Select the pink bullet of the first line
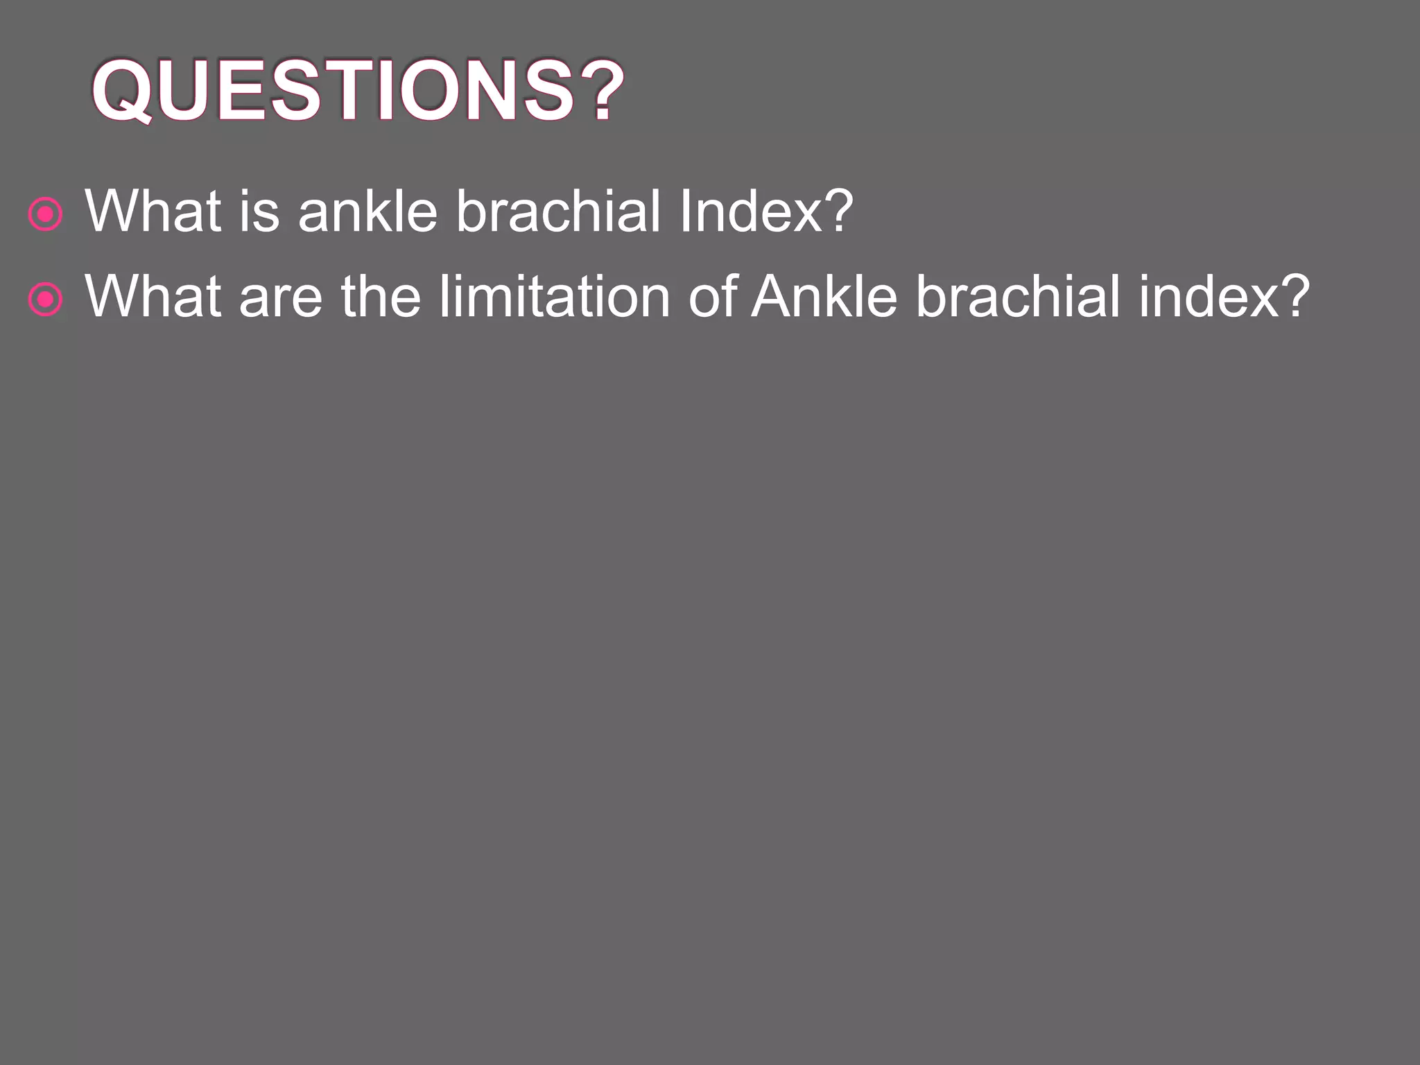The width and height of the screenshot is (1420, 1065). tap(46, 214)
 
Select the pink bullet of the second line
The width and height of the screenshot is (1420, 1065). tap(46, 300)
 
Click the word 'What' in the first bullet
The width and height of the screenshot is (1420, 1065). tap(153, 211)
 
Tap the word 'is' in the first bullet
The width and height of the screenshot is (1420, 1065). tap(259, 211)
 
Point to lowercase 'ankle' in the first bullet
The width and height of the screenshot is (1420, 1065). tap(367, 211)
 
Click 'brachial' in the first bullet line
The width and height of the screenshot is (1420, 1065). tap(558, 211)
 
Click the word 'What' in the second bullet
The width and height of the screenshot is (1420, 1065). tap(153, 296)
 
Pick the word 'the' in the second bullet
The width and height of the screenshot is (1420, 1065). tap(381, 296)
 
